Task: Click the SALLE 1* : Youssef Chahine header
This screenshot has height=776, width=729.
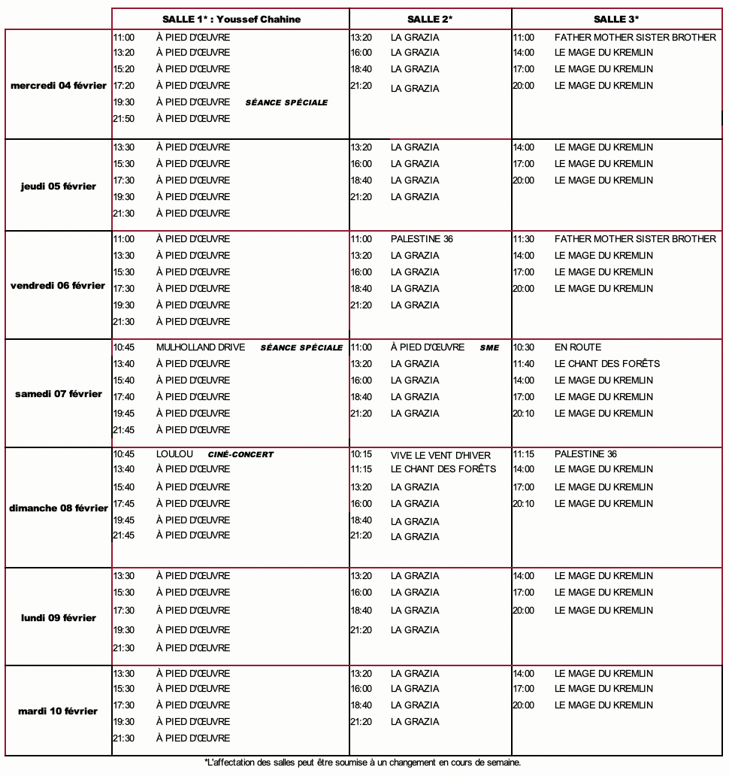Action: coord(231,20)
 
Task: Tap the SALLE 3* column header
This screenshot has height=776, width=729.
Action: coord(616,20)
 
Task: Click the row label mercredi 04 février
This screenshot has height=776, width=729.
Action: coord(59,86)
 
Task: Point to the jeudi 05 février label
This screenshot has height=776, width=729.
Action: coord(59,186)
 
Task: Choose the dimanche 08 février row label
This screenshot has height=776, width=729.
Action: coord(59,508)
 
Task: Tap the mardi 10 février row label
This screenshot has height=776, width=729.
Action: coord(59,711)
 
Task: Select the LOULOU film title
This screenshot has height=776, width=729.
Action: coord(174,454)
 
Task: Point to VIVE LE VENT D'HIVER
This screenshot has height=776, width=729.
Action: coord(440,456)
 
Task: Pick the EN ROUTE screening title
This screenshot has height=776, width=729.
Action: coord(578,347)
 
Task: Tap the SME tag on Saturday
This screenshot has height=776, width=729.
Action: coord(489,348)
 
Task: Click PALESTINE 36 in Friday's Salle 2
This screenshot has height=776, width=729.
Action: coord(422,239)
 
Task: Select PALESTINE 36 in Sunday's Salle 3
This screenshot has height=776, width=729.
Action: coord(585,454)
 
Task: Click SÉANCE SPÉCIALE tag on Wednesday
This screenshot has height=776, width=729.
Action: coord(286,103)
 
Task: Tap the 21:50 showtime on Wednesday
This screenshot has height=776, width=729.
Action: coord(124,119)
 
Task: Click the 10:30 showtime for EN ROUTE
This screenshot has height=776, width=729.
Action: coord(523,347)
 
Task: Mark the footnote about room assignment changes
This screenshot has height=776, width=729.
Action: coord(362,762)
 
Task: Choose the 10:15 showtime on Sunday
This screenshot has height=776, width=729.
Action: coord(361,455)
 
